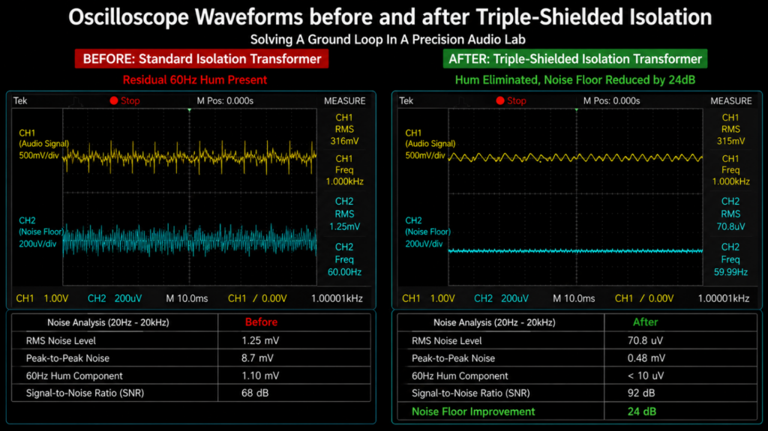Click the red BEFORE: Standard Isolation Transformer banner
[202, 58]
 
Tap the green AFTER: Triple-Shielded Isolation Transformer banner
[575, 58]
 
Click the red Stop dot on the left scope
[114, 100]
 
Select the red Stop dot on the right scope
[500, 100]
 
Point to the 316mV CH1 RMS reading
[344, 141]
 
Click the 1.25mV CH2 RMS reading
[344, 227]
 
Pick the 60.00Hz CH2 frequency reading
[344, 272]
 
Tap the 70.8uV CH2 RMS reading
[730, 227]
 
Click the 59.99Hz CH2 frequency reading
[730, 272]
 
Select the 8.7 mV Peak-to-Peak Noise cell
[257, 358]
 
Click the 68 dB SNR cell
[255, 393]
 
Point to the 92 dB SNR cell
[641, 393]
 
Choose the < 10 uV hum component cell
[646, 376]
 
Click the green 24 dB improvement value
[642, 412]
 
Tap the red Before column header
[261, 322]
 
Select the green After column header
[645, 322]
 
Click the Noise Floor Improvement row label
[473, 412]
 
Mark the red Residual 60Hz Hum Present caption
[195, 80]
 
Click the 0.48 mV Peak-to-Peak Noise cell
[646, 358]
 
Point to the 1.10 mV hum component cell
[260, 376]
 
